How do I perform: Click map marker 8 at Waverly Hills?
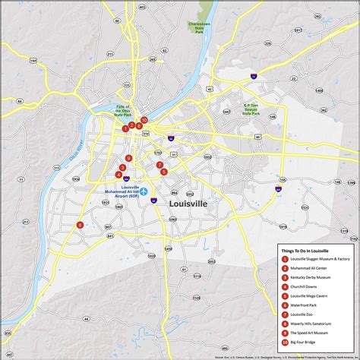(80, 224)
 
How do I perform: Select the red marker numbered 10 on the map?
(144, 119)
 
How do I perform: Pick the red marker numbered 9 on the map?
(129, 158)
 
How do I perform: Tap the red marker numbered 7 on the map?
(159, 165)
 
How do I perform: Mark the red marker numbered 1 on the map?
(125, 128)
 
